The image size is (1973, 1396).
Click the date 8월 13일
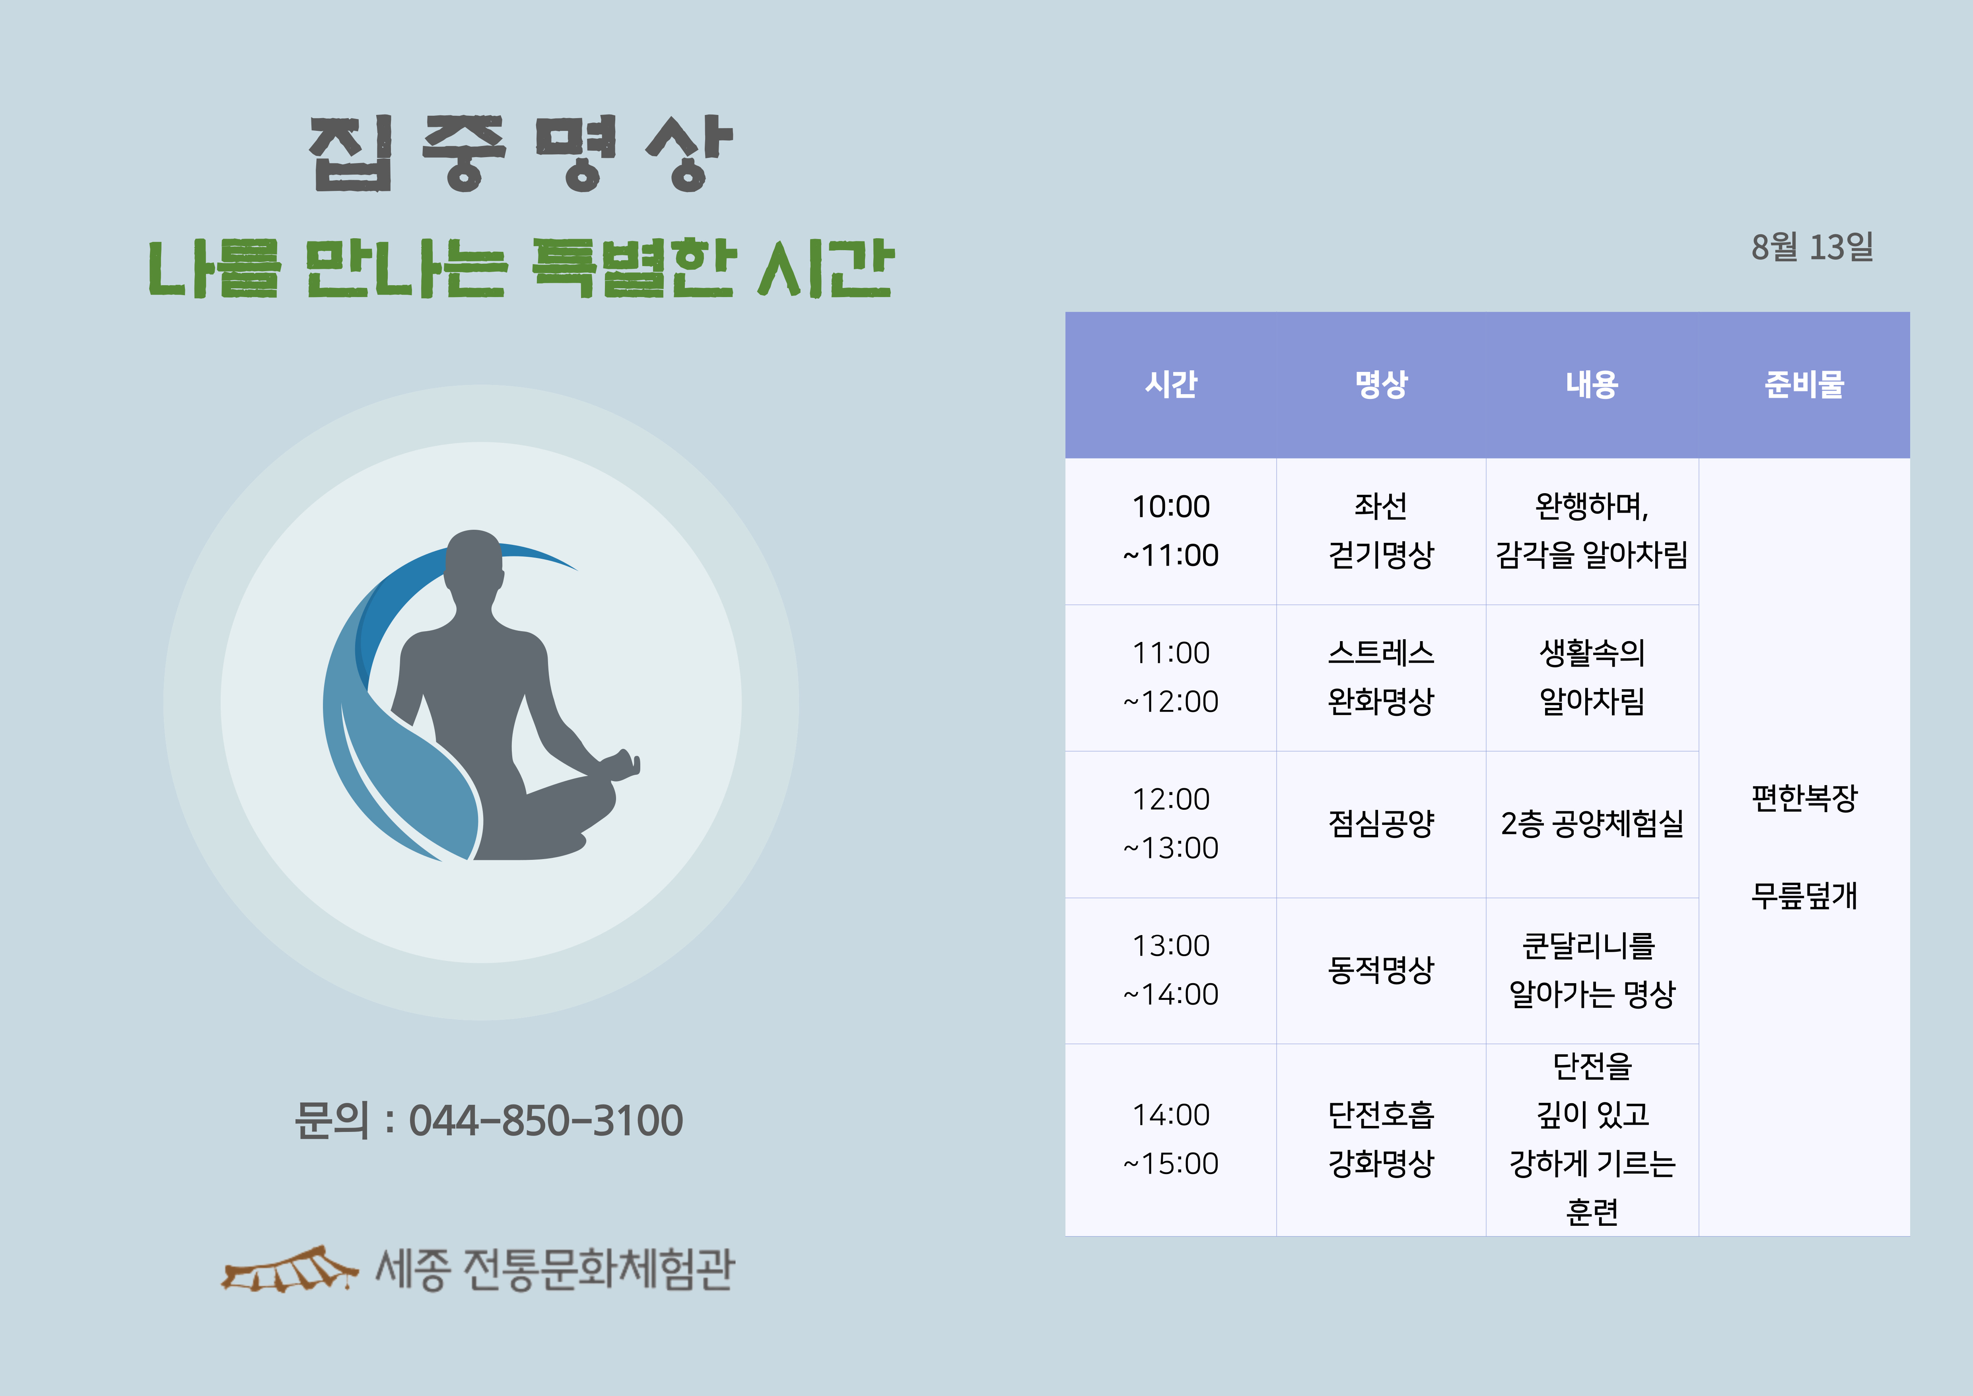1812,247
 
